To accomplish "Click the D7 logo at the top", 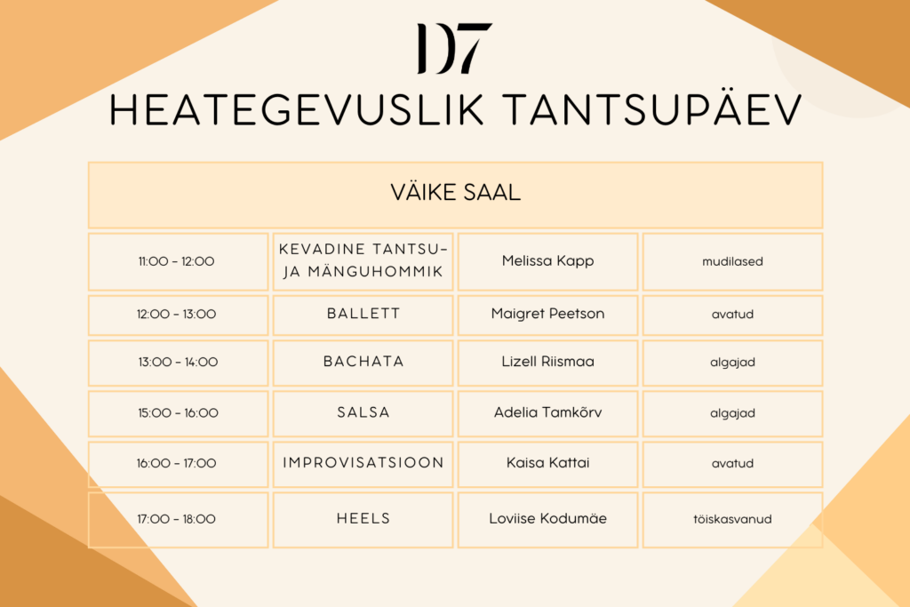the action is click(x=454, y=48).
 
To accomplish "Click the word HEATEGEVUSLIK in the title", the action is click(x=297, y=109).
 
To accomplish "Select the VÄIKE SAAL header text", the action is click(x=456, y=193).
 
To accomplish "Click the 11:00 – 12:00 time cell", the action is click(x=178, y=261).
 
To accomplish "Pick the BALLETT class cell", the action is click(x=363, y=315).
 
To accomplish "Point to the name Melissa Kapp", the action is click(x=547, y=261).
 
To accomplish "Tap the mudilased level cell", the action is click(x=732, y=261).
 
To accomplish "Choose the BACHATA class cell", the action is click(x=363, y=363).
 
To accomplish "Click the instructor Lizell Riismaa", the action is click(x=547, y=362).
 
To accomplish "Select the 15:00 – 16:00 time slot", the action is click(x=178, y=413).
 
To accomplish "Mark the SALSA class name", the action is click(x=363, y=412).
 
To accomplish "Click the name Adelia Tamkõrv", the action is click(x=547, y=412).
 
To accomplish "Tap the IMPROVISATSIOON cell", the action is click(x=363, y=464).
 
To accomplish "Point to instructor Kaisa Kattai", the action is click(x=547, y=463).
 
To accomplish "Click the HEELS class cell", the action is click(x=363, y=520).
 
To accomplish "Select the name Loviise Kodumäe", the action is click(x=547, y=519).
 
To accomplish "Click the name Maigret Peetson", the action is click(x=547, y=314).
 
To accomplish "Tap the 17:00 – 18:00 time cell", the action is click(x=178, y=520).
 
